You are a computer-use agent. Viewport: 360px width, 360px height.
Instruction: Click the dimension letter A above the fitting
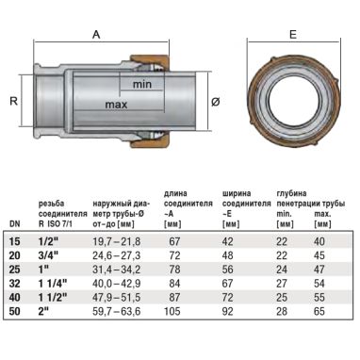click(x=96, y=34)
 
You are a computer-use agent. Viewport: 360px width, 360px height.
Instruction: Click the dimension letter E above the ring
click(x=293, y=34)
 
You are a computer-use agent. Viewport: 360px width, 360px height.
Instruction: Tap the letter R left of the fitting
click(x=13, y=101)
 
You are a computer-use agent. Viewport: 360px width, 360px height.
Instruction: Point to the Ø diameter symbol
click(x=216, y=102)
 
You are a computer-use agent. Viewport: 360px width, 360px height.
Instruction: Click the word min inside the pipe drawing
click(x=142, y=84)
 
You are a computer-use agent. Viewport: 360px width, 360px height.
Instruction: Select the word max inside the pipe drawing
click(x=117, y=105)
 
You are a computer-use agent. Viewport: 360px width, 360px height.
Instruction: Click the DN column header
click(x=14, y=224)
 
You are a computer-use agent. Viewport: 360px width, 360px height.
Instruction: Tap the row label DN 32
click(x=15, y=284)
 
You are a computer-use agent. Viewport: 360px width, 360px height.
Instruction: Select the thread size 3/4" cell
click(x=48, y=255)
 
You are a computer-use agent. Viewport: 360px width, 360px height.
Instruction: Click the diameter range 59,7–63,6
click(x=117, y=311)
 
